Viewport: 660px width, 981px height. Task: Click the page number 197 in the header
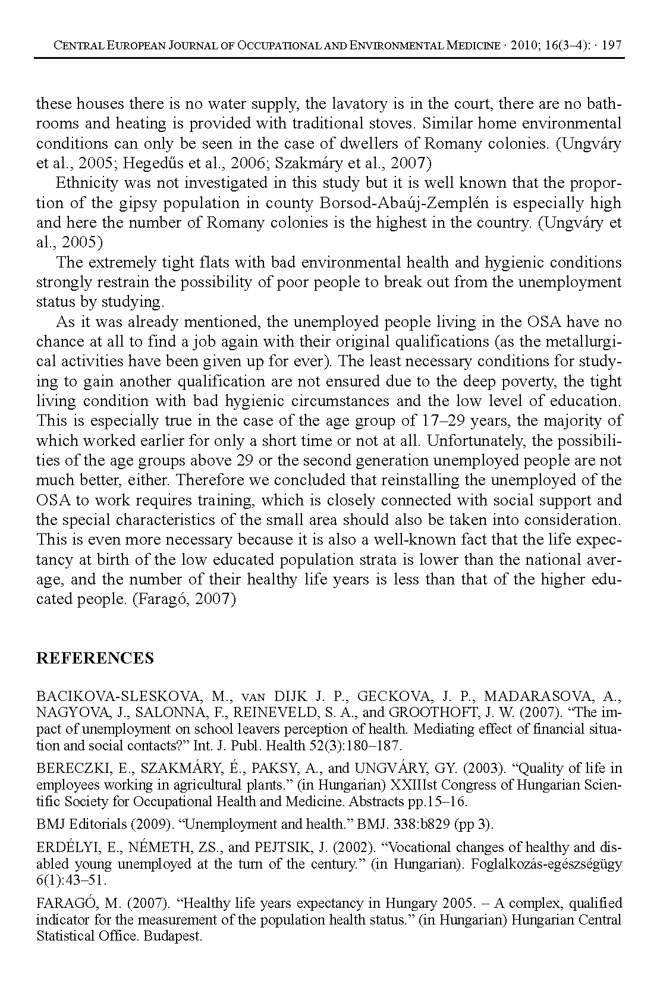(x=612, y=45)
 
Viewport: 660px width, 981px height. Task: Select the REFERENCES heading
(x=95, y=658)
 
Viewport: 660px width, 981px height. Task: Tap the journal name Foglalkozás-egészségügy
(x=546, y=864)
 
